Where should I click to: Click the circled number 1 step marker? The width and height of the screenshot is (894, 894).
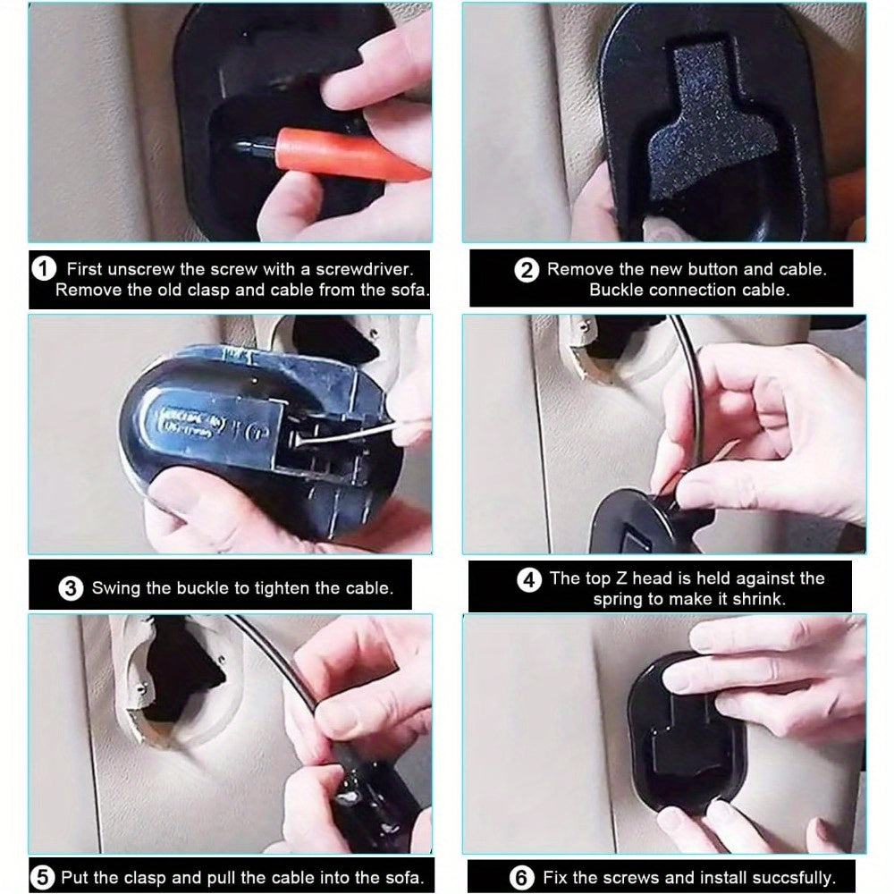[x=44, y=268]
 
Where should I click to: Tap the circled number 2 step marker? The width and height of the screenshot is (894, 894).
[x=527, y=270]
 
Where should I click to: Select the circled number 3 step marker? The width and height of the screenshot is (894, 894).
[x=71, y=588]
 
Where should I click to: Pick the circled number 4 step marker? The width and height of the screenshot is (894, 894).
[x=529, y=580]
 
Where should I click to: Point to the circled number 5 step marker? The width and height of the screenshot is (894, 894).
[x=43, y=878]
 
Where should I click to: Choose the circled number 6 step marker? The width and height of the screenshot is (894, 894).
[x=521, y=878]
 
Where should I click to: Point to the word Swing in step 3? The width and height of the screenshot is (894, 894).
[x=115, y=588]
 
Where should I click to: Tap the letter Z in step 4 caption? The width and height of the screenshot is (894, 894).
[x=620, y=578]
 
